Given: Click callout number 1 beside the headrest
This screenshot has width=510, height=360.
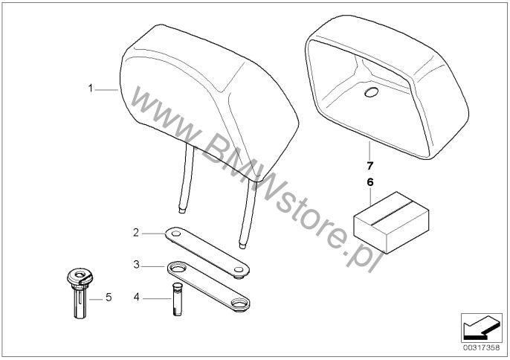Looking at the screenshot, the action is [91, 89].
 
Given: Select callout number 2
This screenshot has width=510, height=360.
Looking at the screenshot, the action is [136, 233].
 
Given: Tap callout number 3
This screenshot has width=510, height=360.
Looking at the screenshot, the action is [136, 265].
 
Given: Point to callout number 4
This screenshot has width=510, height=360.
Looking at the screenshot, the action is [136, 298].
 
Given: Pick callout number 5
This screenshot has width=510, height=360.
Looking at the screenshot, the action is [109, 298].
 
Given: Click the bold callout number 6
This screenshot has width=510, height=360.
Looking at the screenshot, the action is [370, 182].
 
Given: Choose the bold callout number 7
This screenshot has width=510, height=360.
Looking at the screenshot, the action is [369, 166].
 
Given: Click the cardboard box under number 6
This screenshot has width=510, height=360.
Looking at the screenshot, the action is [391, 222].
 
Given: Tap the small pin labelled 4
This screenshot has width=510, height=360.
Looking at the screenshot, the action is [177, 300].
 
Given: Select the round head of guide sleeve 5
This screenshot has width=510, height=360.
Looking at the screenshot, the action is [80, 276].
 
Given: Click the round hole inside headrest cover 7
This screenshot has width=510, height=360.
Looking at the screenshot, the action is [371, 92].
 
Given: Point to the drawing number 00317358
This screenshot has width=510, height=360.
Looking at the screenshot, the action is [482, 347].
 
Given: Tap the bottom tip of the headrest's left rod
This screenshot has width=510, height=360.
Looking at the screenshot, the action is [183, 211].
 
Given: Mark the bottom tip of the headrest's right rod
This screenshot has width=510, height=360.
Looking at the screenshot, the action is [242, 247].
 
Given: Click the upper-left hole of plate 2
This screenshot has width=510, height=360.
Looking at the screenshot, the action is [176, 234].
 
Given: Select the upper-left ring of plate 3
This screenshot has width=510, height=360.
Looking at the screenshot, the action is [177, 269].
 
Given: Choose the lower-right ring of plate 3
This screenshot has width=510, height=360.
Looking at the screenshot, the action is [239, 303].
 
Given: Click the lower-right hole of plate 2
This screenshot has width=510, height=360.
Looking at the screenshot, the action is [239, 270].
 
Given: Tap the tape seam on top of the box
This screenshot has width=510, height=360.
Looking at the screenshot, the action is [391, 212].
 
